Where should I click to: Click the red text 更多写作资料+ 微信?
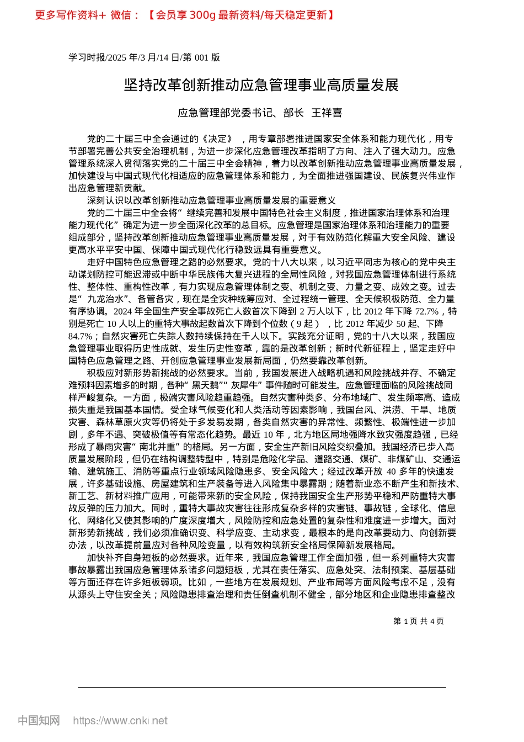click(x=87, y=15)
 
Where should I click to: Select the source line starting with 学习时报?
click(x=144, y=57)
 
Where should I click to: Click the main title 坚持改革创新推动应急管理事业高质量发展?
click(x=261, y=85)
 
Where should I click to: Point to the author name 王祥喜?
click(x=327, y=113)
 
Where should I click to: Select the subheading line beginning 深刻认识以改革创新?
click(x=211, y=201)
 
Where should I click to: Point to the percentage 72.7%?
click(x=423, y=311)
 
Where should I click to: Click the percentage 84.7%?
click(x=80, y=336)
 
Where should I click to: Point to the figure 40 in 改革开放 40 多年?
click(x=391, y=471)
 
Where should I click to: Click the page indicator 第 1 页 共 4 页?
click(x=418, y=621)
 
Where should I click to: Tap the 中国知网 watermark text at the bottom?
click(x=39, y=720)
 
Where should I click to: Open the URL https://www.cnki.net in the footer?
click(x=120, y=721)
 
